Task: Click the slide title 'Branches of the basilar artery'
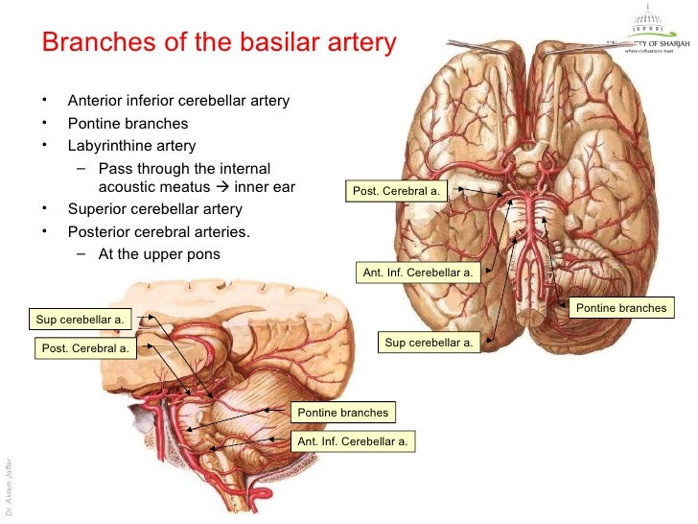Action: pos(219,43)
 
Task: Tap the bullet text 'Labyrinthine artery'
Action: pos(131,146)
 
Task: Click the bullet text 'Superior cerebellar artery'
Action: pos(154,209)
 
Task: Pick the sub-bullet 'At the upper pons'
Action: pos(159,254)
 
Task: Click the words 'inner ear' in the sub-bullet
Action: pos(265,187)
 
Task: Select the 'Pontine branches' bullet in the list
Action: pos(128,124)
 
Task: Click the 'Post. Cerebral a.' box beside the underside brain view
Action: pos(396,191)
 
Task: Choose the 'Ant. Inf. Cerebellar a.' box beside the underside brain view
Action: pos(418,273)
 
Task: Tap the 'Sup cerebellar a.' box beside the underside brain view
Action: pos(429,342)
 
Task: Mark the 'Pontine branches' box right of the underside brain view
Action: pos(620,308)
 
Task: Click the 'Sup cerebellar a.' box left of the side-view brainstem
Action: pos(81,320)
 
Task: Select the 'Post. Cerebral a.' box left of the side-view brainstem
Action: pos(84,348)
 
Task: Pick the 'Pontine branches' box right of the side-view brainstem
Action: pos(342,413)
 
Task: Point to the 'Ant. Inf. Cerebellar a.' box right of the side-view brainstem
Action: pos(353,441)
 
